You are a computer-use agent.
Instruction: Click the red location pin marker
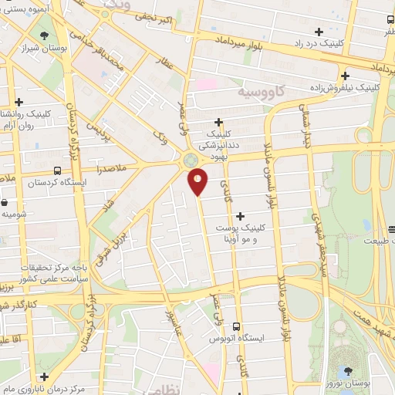pyautogui.click(x=198, y=181)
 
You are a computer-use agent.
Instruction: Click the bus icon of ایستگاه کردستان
pyautogui.click(x=58, y=170)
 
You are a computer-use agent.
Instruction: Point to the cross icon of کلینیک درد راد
pyautogui.click(x=319, y=32)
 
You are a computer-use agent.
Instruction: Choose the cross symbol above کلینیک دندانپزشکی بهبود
pyautogui.click(x=219, y=121)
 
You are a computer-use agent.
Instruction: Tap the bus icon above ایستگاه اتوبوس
pyautogui.click(x=237, y=326)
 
